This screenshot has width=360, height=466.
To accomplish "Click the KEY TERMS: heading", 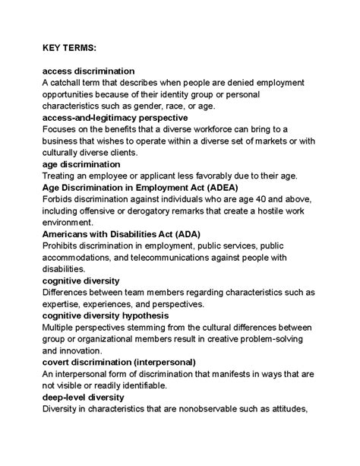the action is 69,48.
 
